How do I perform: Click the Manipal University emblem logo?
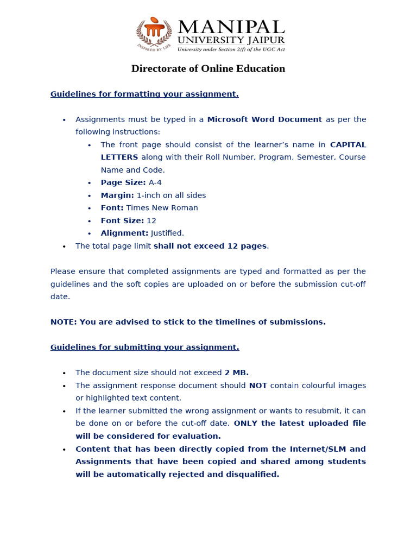(154, 34)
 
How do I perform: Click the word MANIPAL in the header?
(231, 27)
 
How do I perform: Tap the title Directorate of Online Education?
(208, 68)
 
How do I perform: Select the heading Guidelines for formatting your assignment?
(144, 94)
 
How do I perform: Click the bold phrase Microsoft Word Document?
(264, 119)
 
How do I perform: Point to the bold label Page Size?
(123, 182)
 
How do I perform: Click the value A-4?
(155, 182)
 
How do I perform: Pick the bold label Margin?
(117, 195)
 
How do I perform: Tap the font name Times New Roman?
(162, 208)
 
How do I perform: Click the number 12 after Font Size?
(151, 220)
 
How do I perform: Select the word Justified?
(167, 233)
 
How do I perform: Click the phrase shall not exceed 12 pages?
(210, 246)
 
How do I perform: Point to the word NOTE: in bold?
(64, 322)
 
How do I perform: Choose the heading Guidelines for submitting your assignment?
(144, 347)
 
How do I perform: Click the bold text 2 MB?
(237, 372)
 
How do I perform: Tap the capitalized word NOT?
(258, 386)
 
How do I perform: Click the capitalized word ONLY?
(246, 423)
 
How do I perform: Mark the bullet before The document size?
(64, 373)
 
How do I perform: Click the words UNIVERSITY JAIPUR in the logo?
(231, 40)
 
